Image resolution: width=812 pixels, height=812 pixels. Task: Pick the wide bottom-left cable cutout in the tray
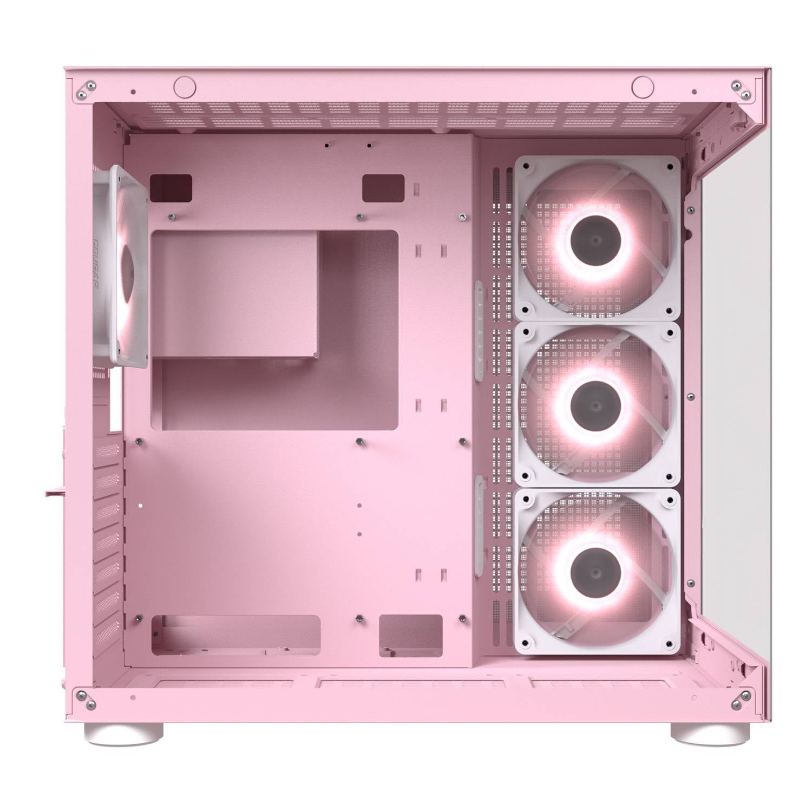(x=237, y=635)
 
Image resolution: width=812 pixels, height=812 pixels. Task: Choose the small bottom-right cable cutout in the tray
(x=411, y=635)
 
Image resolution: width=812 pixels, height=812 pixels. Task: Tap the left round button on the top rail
(x=184, y=85)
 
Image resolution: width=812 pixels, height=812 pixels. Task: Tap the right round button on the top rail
(x=641, y=85)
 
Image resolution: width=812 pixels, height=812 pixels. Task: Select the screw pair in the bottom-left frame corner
(x=87, y=699)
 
